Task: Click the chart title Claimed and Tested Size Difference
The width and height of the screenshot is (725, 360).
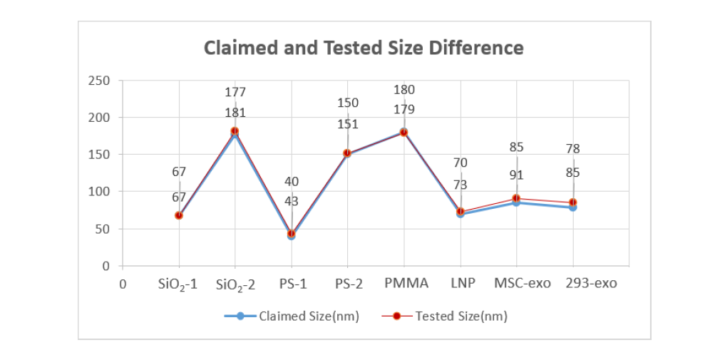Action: click(x=364, y=48)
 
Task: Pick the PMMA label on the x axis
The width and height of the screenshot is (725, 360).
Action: click(x=406, y=284)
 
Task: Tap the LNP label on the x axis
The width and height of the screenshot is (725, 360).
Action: click(x=461, y=284)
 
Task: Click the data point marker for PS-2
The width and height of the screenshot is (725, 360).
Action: click(x=347, y=153)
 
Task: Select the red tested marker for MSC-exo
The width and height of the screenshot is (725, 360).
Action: click(x=516, y=198)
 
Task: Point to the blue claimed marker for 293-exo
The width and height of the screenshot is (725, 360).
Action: click(x=572, y=207)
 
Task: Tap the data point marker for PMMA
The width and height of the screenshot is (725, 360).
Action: click(x=403, y=132)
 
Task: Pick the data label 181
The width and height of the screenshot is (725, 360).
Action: click(x=235, y=113)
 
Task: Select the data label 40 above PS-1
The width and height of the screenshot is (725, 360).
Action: click(x=291, y=182)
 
